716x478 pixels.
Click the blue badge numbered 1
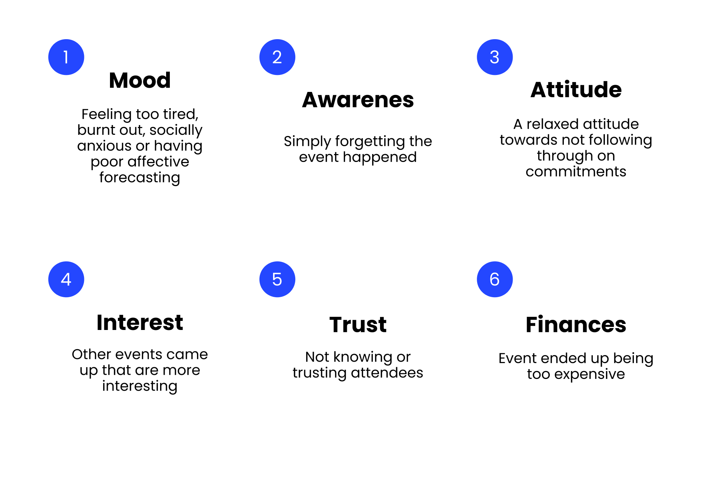pyautogui.click(x=66, y=57)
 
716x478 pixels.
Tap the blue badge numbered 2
pyautogui.click(x=277, y=57)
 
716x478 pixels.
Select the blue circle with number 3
pyautogui.click(x=495, y=57)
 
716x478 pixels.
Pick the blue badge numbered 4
pyautogui.click(x=66, y=279)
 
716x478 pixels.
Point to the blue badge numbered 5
pyautogui.click(x=277, y=279)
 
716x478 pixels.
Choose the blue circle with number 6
pyautogui.click(x=495, y=279)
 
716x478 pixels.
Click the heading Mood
pyautogui.click(x=140, y=81)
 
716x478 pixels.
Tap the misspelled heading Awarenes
pyautogui.click(x=358, y=100)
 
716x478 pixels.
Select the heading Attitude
pyautogui.click(x=576, y=90)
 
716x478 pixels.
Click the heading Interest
pyautogui.click(x=140, y=323)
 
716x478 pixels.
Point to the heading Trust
pyautogui.click(x=358, y=325)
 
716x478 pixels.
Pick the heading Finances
pyautogui.click(x=576, y=325)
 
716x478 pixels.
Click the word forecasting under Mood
pyautogui.click(x=140, y=178)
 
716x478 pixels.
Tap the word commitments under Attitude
pyautogui.click(x=576, y=172)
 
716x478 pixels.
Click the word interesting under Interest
pyautogui.click(x=140, y=386)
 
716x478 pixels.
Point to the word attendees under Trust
pyautogui.click(x=387, y=373)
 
